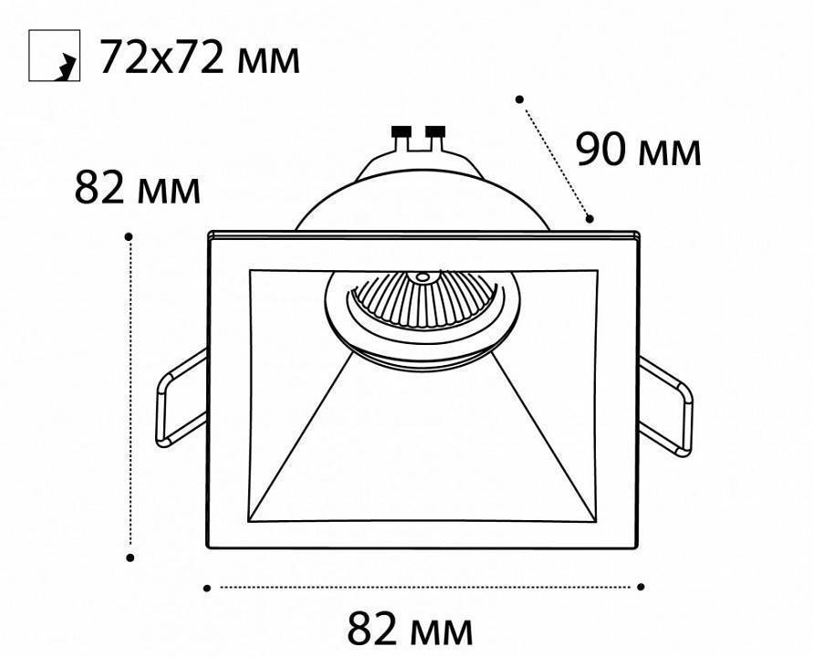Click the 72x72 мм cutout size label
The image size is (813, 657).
pyautogui.click(x=198, y=57)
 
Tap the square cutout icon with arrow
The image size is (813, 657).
pyautogui.click(x=55, y=57)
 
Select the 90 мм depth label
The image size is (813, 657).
pyautogui.click(x=638, y=151)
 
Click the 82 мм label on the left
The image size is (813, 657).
pyautogui.click(x=137, y=189)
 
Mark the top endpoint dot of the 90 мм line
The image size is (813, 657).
pyautogui.click(x=519, y=98)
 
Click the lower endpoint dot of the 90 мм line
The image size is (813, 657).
pyautogui.click(x=590, y=219)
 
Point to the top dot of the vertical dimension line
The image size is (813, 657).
pyautogui.click(x=130, y=236)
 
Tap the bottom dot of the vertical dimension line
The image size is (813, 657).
pyautogui.click(x=130, y=557)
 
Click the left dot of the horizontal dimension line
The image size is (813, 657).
pyautogui.click(x=207, y=588)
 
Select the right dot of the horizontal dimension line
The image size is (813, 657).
pyautogui.click(x=641, y=587)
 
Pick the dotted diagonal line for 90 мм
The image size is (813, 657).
pyautogui.click(x=555, y=159)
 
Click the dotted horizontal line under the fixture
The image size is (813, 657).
pyautogui.click(x=424, y=588)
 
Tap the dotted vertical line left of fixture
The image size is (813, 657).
pyautogui.click(x=130, y=397)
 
